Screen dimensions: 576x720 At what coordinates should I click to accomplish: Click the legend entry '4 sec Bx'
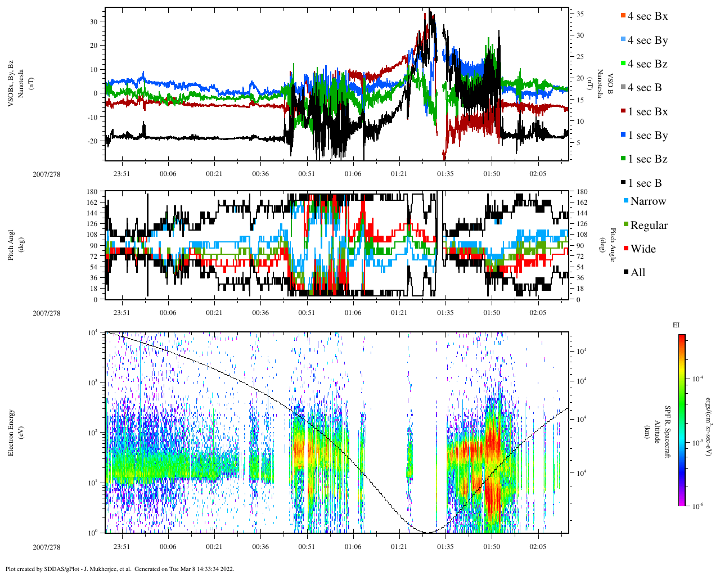click(x=647, y=16)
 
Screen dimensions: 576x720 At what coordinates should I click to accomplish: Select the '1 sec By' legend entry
click(x=647, y=136)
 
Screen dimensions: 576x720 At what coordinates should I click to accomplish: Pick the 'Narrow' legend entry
click(x=647, y=201)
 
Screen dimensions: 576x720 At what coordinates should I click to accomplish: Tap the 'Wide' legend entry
click(x=642, y=249)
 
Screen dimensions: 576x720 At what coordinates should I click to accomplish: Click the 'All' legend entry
click(x=637, y=273)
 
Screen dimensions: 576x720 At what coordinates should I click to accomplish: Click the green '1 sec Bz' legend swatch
click(x=623, y=160)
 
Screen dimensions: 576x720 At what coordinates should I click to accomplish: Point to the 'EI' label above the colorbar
click(x=676, y=325)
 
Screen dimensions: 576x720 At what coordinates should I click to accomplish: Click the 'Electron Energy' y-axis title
click(x=11, y=432)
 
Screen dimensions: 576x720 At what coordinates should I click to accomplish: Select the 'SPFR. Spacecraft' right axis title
click(x=668, y=432)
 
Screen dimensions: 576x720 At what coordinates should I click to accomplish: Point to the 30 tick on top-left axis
click(x=93, y=21)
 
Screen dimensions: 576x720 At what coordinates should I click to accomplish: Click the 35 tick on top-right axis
click(x=579, y=14)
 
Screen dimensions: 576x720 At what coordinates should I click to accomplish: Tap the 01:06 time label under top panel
click(x=353, y=174)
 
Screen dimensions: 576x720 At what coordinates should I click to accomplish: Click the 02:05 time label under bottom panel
click(x=538, y=547)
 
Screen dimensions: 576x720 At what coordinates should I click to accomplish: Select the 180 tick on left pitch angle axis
click(x=93, y=192)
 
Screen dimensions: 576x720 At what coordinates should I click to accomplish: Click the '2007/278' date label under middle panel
click(x=46, y=313)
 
